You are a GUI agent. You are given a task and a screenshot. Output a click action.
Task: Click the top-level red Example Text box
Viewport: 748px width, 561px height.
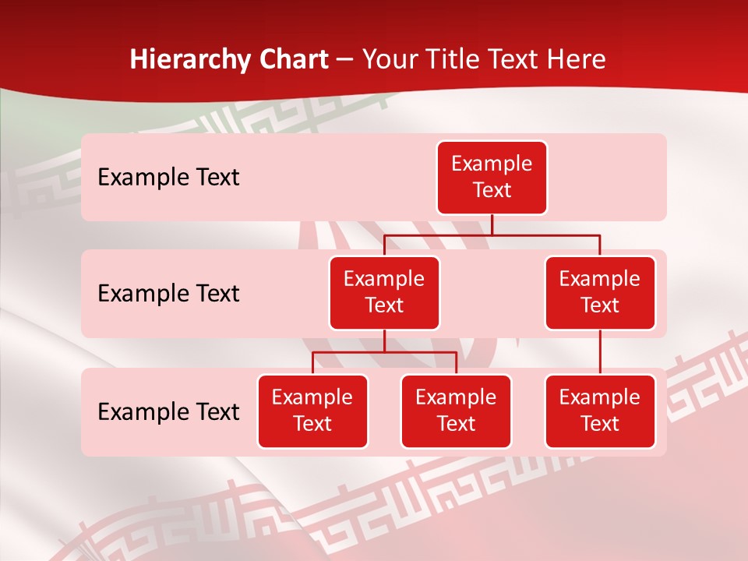492,178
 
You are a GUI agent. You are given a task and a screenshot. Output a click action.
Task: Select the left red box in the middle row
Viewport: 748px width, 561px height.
384,293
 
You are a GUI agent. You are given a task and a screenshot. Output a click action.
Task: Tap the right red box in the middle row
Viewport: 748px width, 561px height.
600,293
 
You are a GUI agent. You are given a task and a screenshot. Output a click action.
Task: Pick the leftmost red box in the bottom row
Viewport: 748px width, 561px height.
312,411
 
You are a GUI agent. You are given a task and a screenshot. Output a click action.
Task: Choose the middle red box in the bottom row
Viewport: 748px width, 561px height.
456,411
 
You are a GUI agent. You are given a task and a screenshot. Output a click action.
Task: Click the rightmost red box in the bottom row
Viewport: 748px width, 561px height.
600,411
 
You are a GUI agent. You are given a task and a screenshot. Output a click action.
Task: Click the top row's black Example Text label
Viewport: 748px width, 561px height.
168,178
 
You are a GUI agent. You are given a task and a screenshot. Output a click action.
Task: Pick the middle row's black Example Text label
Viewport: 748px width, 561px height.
168,294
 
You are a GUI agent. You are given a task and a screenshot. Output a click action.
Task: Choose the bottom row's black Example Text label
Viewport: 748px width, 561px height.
168,412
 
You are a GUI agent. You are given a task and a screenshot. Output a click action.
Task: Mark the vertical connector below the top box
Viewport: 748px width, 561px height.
492,224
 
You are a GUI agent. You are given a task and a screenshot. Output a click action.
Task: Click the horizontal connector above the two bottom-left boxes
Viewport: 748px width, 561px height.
384,352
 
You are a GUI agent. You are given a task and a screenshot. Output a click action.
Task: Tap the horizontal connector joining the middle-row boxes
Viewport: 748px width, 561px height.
492,235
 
